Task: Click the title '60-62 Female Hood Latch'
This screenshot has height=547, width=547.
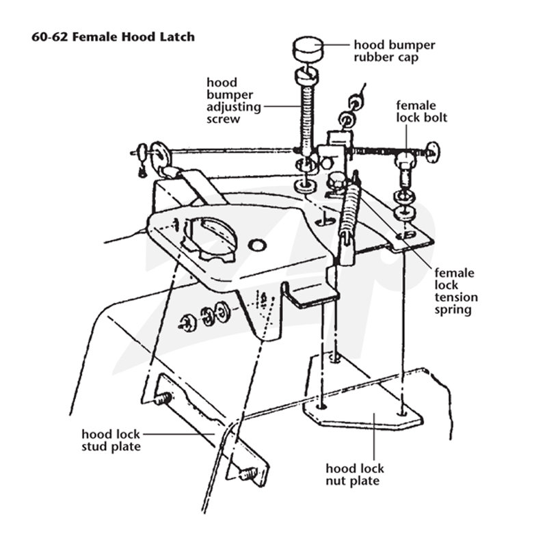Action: [113, 37]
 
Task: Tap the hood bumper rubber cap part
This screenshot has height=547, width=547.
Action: [307, 50]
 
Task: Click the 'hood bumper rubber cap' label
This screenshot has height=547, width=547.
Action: [395, 51]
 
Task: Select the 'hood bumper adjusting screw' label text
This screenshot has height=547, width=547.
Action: [234, 101]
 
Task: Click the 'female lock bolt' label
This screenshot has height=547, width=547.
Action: [421, 111]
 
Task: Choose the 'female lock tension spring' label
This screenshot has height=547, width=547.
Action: [456, 291]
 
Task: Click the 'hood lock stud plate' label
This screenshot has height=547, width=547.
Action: [111, 440]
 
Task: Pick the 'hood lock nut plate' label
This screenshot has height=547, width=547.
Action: [355, 475]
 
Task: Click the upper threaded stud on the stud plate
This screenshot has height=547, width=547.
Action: [163, 399]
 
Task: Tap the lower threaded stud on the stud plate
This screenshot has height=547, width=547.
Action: [248, 473]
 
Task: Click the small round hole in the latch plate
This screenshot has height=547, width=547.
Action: [257, 245]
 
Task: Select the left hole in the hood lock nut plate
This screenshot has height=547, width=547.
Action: [321, 407]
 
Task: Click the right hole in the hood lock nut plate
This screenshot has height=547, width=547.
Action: [403, 414]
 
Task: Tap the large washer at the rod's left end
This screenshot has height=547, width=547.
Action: [159, 153]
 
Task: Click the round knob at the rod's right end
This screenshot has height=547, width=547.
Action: [433, 152]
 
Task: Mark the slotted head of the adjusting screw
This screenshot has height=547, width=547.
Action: [307, 76]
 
